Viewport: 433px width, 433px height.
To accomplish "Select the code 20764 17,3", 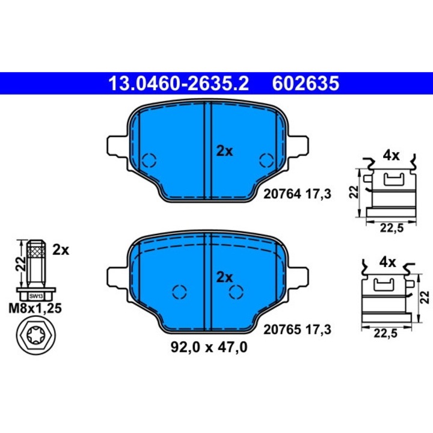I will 298,193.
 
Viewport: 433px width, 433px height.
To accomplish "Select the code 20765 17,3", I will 298,330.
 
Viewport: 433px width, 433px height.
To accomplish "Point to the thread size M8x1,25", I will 35,310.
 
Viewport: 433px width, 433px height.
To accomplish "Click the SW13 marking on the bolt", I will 36,296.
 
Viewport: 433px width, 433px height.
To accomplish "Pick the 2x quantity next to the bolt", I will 61,250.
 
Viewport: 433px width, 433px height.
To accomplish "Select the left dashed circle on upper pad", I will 149,161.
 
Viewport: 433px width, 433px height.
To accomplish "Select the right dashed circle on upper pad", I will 265,161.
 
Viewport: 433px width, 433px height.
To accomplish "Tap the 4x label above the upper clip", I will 392,156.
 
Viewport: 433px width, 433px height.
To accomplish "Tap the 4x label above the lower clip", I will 388,262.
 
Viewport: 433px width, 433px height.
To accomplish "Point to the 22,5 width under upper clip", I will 392,227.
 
